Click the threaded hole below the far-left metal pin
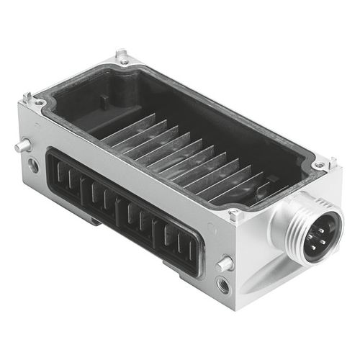[33, 166]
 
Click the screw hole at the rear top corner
[123, 61]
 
